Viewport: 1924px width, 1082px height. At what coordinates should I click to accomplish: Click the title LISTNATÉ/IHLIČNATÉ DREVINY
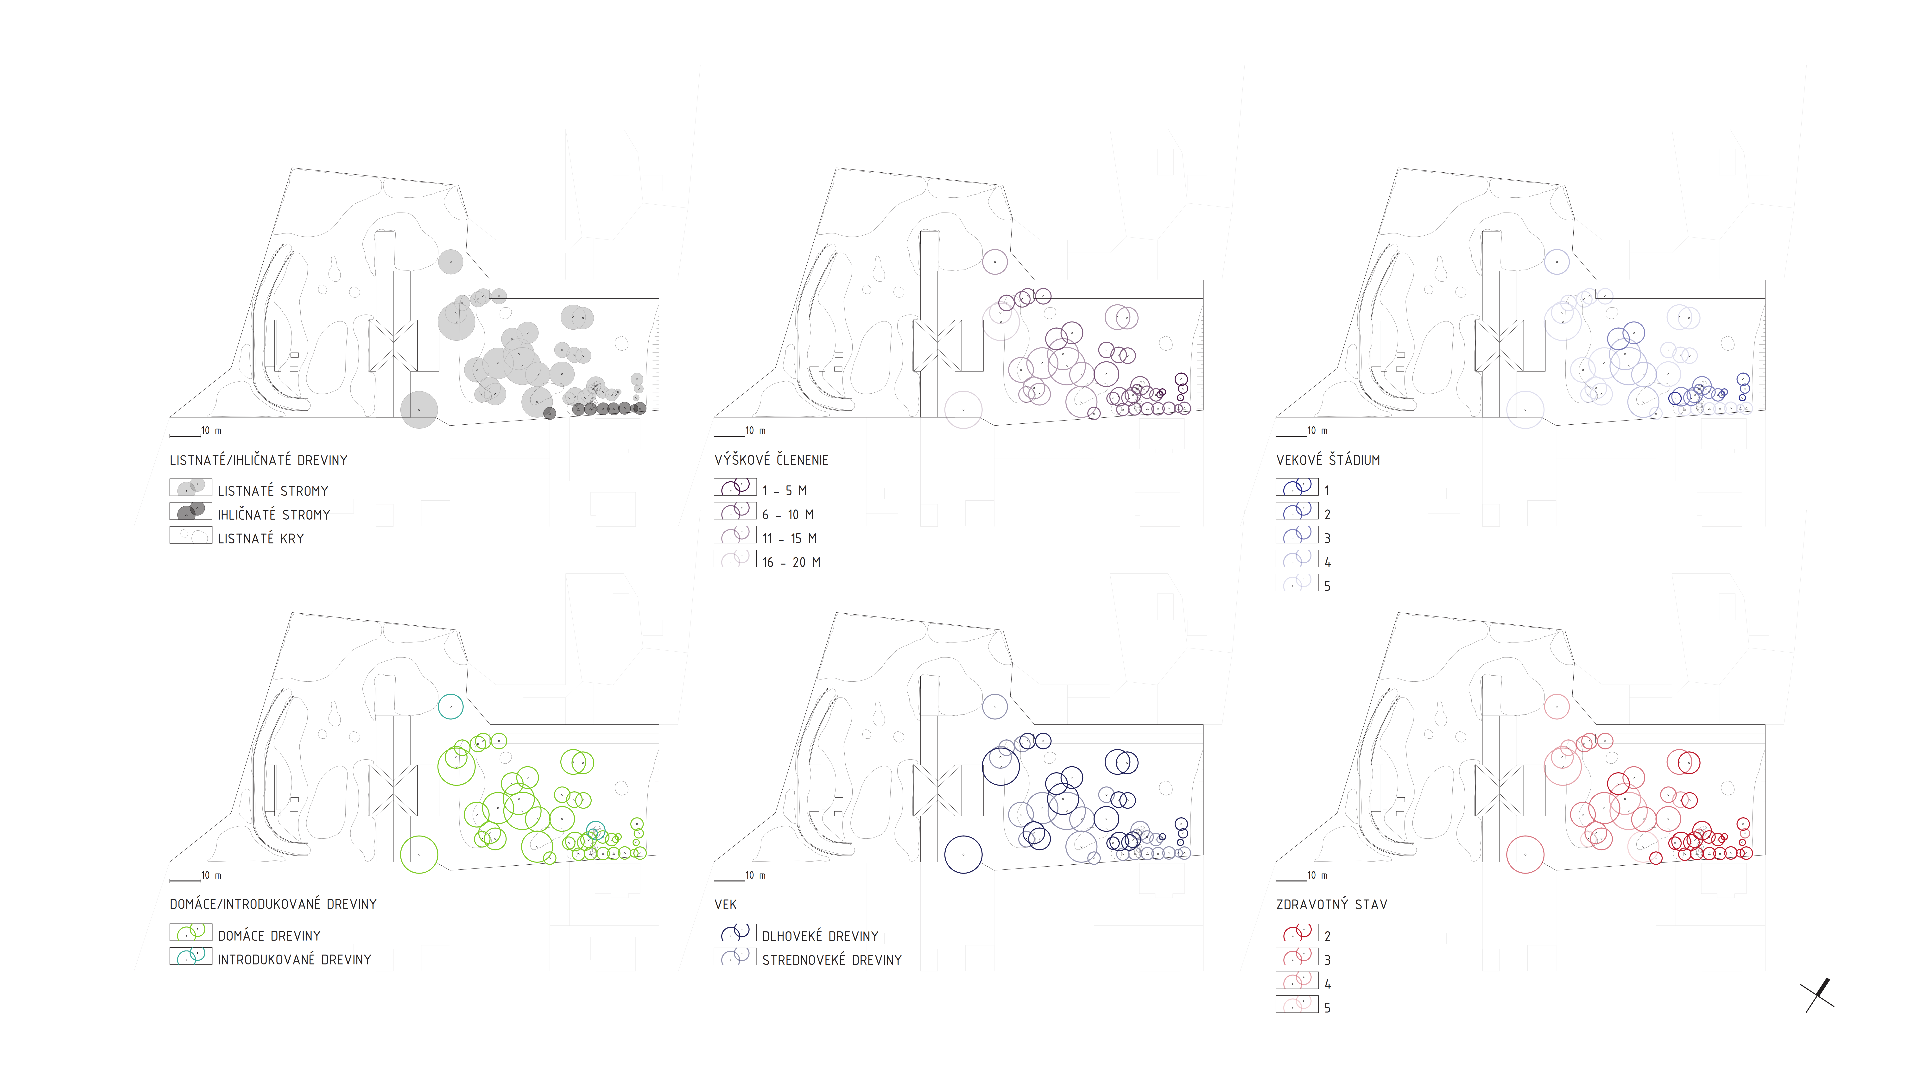point(259,460)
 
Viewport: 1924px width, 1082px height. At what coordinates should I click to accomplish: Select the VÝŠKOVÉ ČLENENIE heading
point(771,460)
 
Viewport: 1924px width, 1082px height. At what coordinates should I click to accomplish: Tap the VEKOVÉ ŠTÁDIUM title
point(1328,460)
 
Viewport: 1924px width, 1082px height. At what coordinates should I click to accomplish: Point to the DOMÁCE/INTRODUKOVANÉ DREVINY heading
point(273,904)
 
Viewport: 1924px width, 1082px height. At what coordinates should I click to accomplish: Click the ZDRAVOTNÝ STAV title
point(1332,904)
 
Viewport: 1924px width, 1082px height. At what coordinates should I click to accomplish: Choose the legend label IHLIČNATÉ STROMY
point(273,515)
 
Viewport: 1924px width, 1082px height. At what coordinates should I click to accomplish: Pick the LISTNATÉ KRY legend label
point(261,538)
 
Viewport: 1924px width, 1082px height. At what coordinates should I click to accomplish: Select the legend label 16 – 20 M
point(791,562)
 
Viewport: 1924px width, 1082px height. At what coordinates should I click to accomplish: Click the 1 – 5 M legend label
point(784,491)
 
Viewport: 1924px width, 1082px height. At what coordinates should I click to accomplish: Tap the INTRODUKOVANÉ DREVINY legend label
point(294,960)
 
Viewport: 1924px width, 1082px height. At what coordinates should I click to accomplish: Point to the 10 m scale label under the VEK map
point(755,875)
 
